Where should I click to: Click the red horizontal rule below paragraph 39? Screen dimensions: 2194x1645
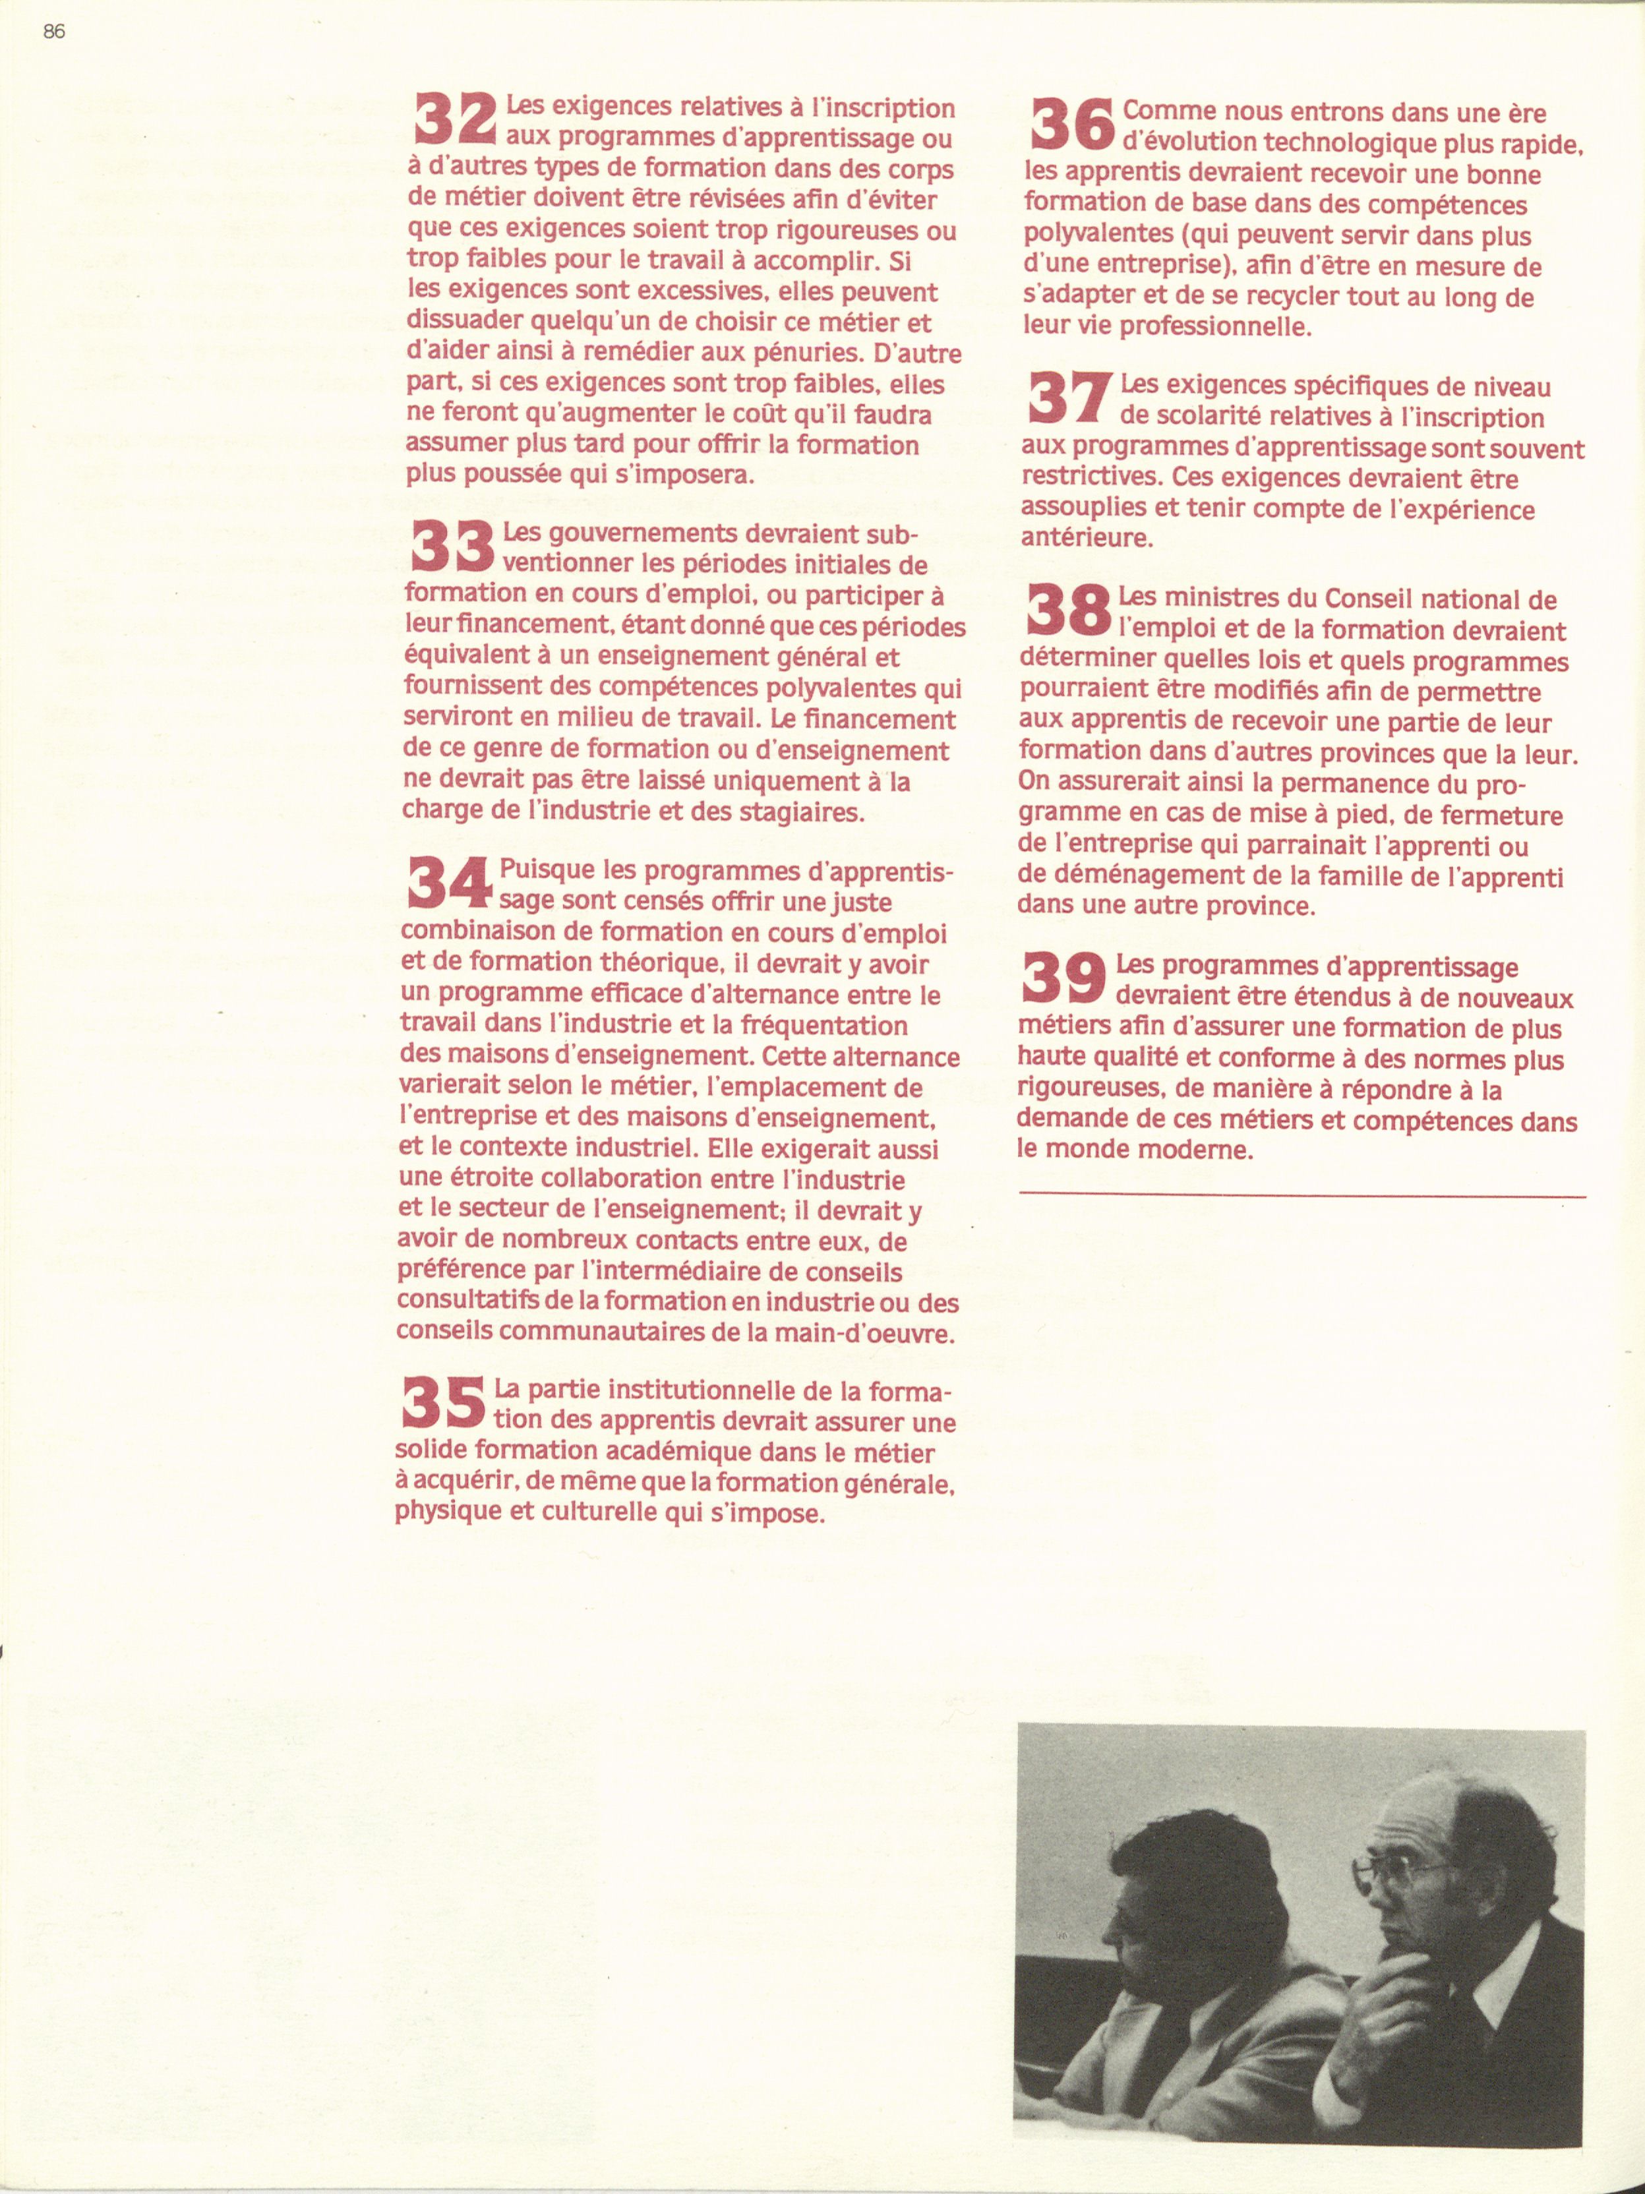[x=1301, y=1198]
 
